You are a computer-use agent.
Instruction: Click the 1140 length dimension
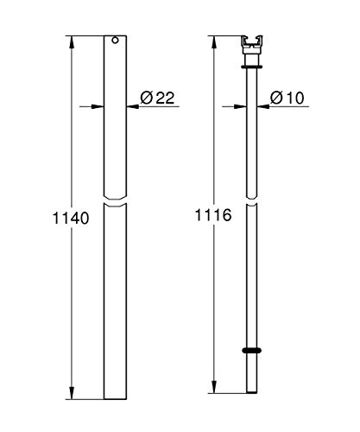point(71,218)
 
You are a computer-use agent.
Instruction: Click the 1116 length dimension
point(213,215)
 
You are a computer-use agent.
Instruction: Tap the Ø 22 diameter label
point(157,98)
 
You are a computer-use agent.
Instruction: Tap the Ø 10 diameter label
point(287,98)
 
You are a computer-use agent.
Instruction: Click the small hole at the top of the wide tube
point(115,41)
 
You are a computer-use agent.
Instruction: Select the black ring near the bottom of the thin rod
point(252,350)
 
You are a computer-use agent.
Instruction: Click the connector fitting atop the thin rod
point(252,45)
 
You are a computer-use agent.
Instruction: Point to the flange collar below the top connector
point(252,67)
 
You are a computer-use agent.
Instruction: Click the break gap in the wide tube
point(115,201)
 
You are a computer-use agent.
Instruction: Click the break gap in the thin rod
point(252,201)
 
